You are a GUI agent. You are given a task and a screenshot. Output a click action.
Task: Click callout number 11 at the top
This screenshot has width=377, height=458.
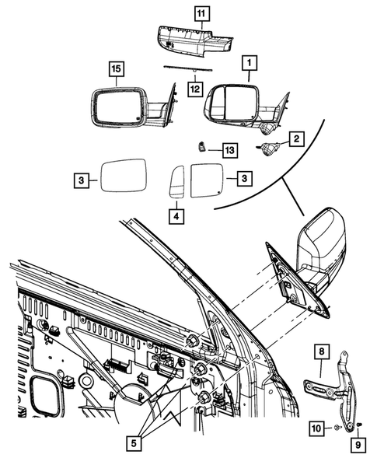(x=201, y=12)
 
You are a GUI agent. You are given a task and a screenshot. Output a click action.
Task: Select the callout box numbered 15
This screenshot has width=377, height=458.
(x=115, y=71)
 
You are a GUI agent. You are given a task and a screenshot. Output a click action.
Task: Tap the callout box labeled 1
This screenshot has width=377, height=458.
(x=249, y=61)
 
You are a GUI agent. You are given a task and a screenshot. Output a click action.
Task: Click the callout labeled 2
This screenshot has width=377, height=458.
(x=296, y=139)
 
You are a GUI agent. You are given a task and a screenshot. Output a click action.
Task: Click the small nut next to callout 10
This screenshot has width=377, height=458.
(x=335, y=428)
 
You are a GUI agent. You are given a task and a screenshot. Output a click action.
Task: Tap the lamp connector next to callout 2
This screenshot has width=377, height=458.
(x=273, y=149)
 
